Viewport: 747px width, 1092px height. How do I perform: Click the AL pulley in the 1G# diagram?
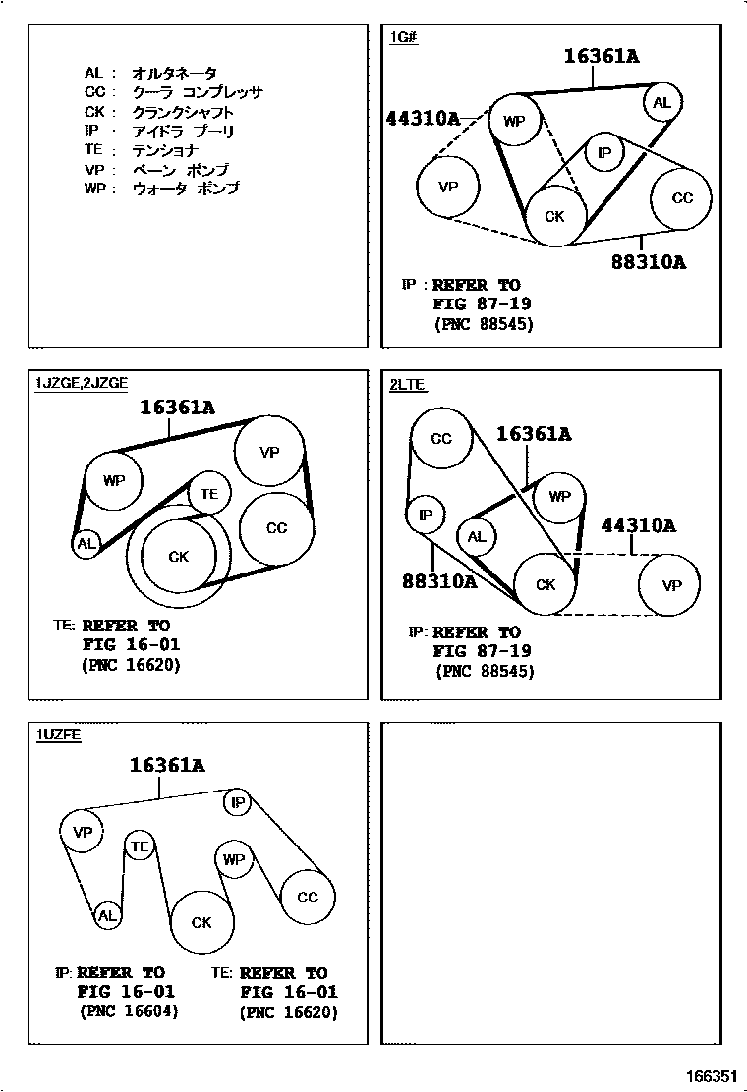point(661,102)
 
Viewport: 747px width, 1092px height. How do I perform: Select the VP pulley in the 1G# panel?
point(448,186)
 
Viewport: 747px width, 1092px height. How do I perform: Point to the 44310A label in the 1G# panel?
point(423,119)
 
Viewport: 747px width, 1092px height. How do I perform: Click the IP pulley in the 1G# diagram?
point(604,152)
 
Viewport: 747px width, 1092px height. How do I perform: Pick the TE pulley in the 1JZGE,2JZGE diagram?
point(208,494)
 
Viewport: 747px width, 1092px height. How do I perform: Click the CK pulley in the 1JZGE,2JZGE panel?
point(178,557)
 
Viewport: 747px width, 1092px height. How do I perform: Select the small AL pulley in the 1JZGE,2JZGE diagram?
point(86,543)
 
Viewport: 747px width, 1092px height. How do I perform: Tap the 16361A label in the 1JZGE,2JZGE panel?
point(177,405)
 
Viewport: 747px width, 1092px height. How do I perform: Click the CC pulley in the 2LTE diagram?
point(441,438)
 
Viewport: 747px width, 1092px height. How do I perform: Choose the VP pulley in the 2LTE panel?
point(670,586)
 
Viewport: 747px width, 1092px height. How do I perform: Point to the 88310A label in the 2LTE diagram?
point(439,581)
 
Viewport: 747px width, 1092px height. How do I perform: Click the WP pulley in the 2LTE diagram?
point(559,497)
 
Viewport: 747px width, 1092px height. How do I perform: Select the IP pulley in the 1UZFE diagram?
point(237,802)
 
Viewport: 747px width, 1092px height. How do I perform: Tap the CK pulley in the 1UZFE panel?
point(201,922)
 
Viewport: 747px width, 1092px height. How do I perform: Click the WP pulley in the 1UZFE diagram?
point(233,859)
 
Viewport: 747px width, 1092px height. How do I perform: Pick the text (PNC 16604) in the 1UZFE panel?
point(129,1011)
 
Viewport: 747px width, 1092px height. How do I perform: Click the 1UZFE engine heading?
point(59,735)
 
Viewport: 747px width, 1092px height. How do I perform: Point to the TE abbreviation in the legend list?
point(93,150)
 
